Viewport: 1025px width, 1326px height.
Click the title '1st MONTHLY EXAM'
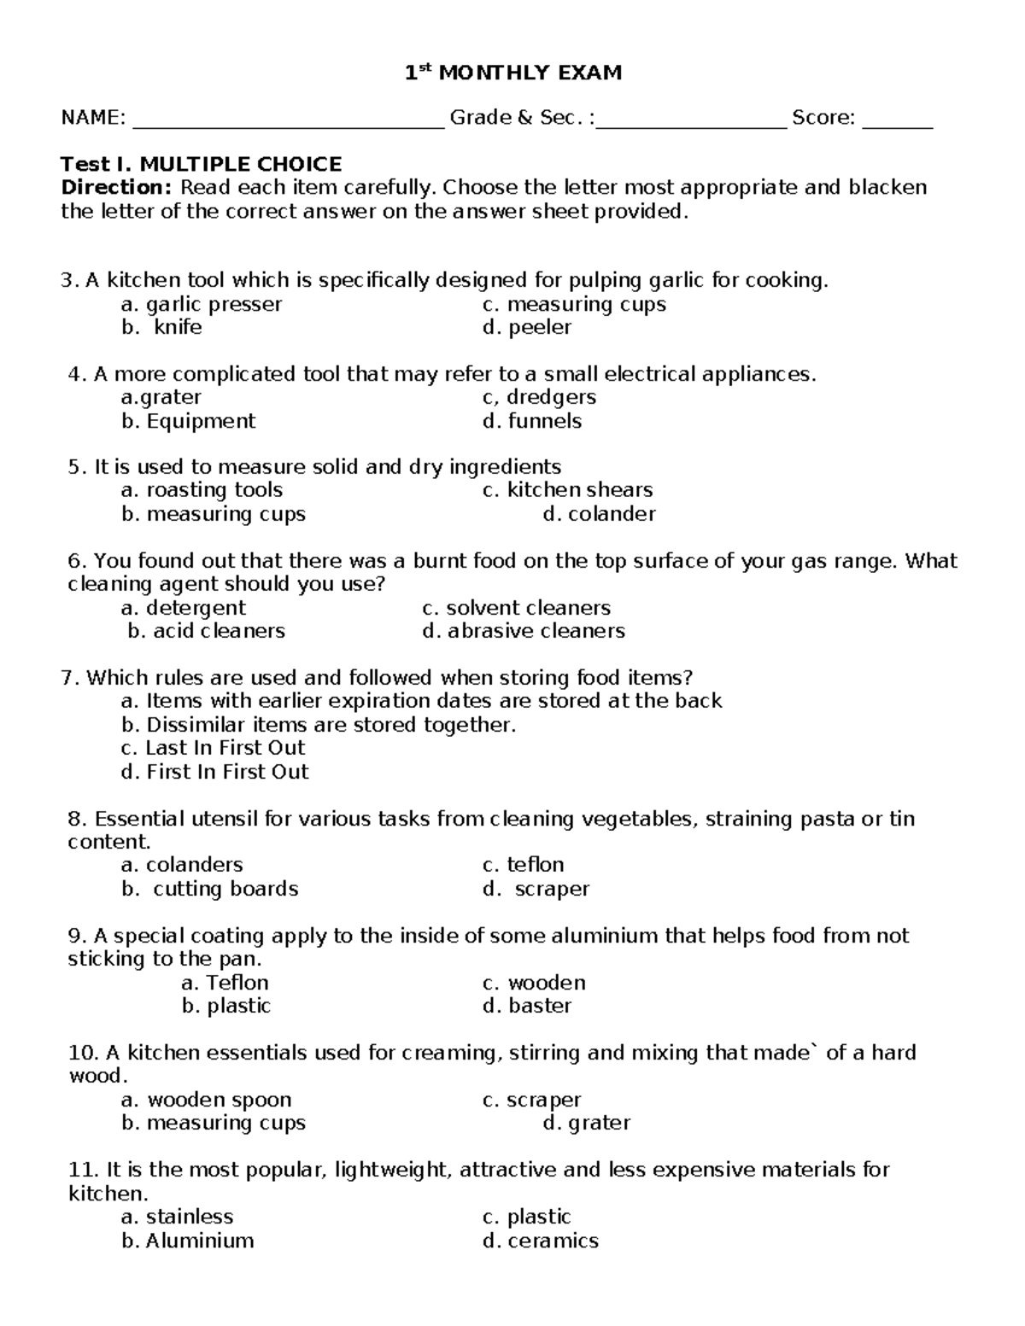tap(512, 73)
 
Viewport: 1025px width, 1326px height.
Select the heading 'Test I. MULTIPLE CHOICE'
tap(201, 164)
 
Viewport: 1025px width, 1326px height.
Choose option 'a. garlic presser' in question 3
tap(202, 305)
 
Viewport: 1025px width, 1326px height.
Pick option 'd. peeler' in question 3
tap(526, 328)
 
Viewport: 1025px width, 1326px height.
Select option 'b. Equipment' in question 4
tap(188, 421)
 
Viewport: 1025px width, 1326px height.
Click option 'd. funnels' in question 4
tap(531, 421)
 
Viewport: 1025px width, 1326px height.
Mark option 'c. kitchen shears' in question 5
tap(567, 490)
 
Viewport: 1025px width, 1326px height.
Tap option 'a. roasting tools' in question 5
tap(202, 490)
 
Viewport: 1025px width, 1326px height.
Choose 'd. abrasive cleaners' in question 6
tap(523, 631)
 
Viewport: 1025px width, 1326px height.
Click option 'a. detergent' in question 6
tap(183, 608)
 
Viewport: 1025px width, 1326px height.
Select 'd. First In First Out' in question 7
tap(214, 772)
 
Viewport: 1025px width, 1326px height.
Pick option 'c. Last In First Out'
tap(213, 748)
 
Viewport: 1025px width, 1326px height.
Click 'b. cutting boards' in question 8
tap(209, 889)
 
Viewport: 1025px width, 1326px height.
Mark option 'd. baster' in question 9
tap(526, 1006)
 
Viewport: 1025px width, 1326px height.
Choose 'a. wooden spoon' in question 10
tap(206, 1100)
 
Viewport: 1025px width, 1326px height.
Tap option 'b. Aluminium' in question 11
tap(187, 1241)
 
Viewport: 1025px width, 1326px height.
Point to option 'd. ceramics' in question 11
tap(540, 1241)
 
